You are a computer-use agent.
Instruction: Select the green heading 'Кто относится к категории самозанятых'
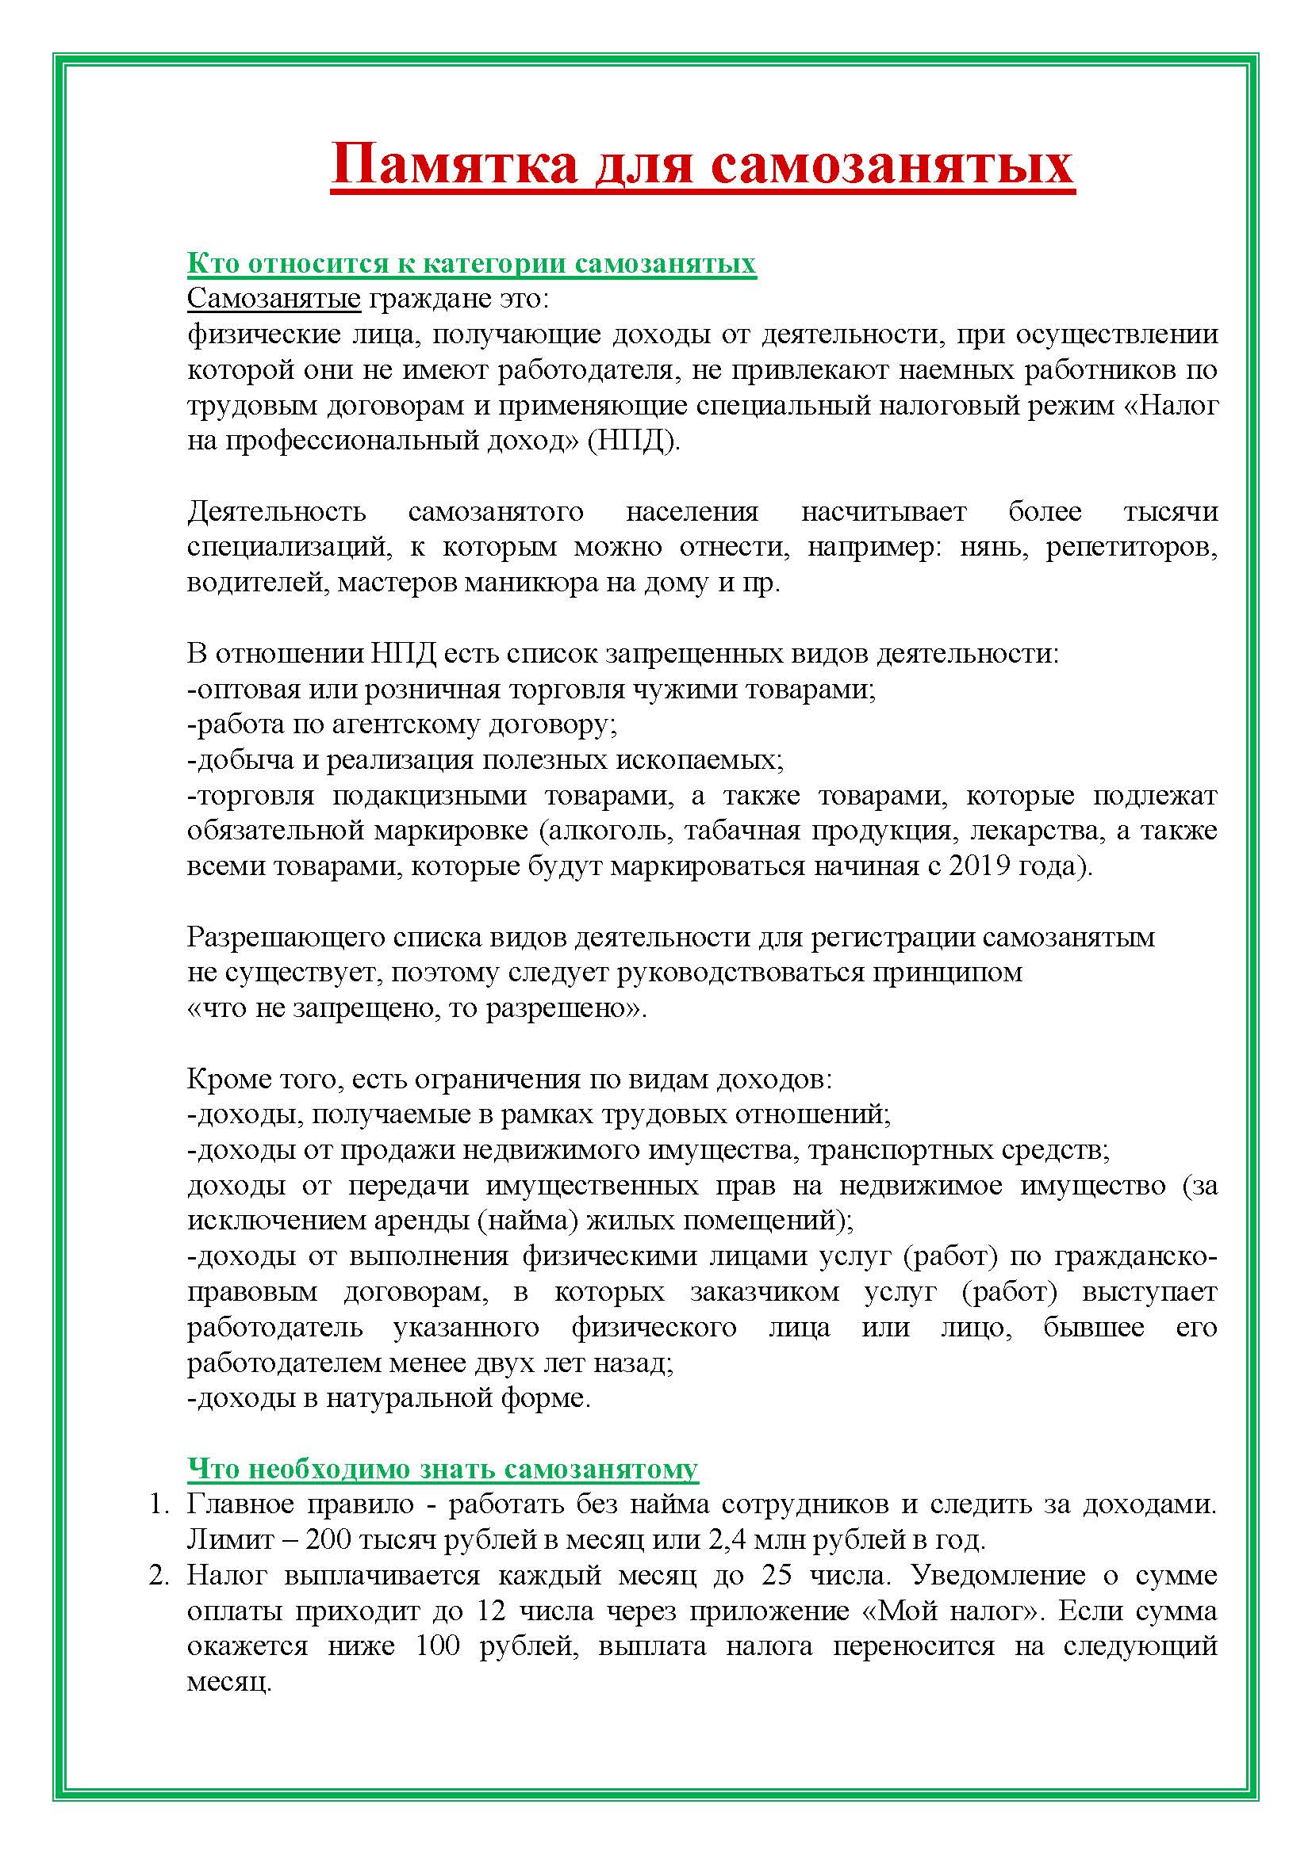472,264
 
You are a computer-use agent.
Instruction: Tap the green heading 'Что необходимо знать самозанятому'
443,1469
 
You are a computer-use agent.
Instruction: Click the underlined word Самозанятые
274,299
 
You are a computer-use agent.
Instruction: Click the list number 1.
157,1505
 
